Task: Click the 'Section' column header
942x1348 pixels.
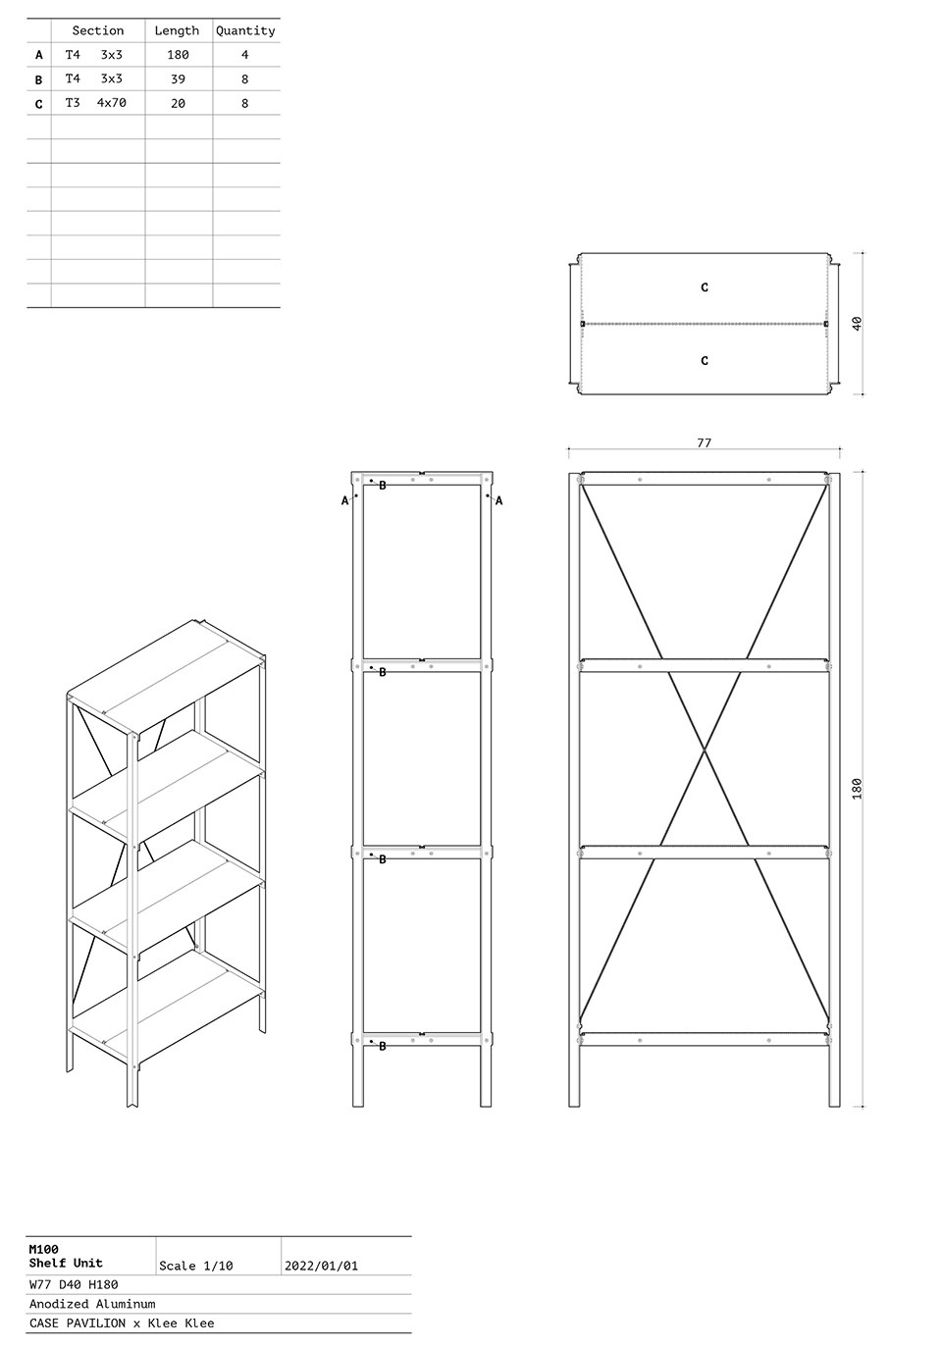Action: click(x=97, y=30)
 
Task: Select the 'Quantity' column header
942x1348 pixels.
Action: click(x=245, y=30)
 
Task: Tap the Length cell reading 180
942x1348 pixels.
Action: click(x=178, y=55)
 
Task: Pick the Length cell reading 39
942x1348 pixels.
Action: click(x=178, y=78)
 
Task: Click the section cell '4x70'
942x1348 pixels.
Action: click(x=111, y=103)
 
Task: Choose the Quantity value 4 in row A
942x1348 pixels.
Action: click(x=245, y=55)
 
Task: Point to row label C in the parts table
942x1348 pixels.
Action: click(x=39, y=104)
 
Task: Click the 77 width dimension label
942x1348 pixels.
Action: click(x=704, y=442)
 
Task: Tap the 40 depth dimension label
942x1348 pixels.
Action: click(x=858, y=323)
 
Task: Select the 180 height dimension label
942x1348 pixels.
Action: click(x=858, y=789)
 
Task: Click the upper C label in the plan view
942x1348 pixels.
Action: click(x=705, y=287)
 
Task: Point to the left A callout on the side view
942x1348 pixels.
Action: click(x=344, y=500)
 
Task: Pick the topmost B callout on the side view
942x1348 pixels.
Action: click(x=383, y=486)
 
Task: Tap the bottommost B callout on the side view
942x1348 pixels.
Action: click(x=383, y=1047)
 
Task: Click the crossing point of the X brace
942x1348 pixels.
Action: click(x=705, y=750)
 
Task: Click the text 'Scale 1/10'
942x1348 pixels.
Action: click(x=195, y=1266)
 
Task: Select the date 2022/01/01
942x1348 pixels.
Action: click(x=321, y=1266)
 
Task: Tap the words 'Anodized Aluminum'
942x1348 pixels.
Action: click(x=92, y=1304)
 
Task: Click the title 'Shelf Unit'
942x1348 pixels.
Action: click(x=66, y=1263)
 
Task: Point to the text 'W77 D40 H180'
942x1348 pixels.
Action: click(x=74, y=1285)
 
